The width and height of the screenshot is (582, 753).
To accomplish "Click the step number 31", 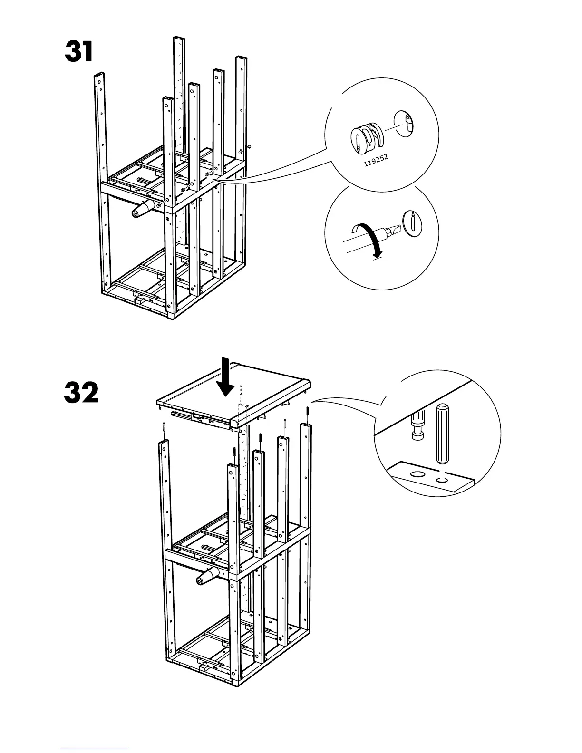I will click(x=79, y=52).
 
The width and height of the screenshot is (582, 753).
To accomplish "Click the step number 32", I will click(x=81, y=393).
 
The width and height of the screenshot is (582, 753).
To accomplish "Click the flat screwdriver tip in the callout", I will click(x=392, y=232).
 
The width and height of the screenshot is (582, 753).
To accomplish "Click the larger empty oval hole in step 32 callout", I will click(x=417, y=474).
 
